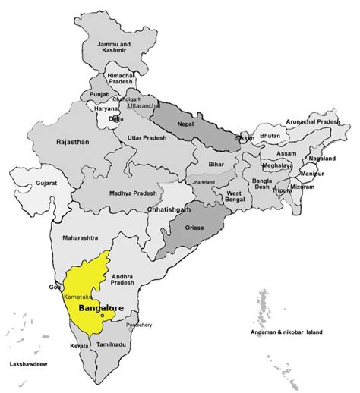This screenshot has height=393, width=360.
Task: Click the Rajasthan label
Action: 73,141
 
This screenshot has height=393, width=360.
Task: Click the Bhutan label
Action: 270,137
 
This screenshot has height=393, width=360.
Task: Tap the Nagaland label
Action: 323,159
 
